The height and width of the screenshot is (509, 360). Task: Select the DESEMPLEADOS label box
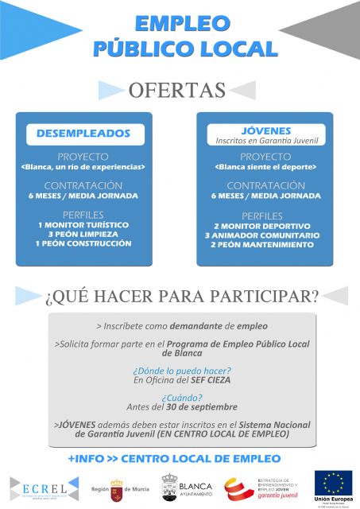click(x=83, y=134)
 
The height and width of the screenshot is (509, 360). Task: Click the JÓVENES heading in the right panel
click(x=265, y=130)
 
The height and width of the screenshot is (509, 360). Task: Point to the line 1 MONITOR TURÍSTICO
click(x=83, y=225)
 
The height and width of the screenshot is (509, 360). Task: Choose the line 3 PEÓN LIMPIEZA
click(x=83, y=235)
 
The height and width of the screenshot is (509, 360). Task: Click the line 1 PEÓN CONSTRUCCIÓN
click(x=83, y=244)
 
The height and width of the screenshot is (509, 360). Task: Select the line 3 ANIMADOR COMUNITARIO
click(x=265, y=235)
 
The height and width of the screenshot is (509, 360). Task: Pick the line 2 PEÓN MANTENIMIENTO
click(x=265, y=245)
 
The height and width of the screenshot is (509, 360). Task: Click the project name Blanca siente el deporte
click(x=265, y=167)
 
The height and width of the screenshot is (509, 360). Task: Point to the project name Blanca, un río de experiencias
click(x=83, y=167)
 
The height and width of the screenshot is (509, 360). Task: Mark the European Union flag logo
click(x=333, y=483)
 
